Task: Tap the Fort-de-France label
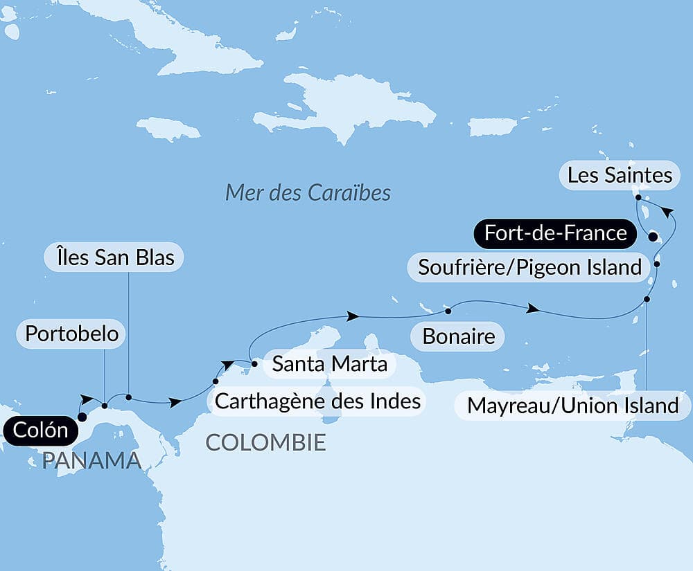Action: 555,233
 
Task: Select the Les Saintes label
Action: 620,175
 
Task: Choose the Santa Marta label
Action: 329,363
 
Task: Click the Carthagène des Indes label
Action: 318,400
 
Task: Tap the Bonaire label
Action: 459,337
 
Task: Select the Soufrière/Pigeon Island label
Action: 529,266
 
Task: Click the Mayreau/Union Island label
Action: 572,405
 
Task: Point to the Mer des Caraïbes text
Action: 308,192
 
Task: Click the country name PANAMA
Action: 91,460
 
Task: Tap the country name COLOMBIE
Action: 265,442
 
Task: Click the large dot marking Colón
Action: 82,417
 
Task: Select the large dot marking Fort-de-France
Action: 652,237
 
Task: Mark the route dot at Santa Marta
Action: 254,363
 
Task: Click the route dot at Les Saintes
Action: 638,197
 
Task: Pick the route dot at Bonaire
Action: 448,308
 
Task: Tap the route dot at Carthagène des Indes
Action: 216,381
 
